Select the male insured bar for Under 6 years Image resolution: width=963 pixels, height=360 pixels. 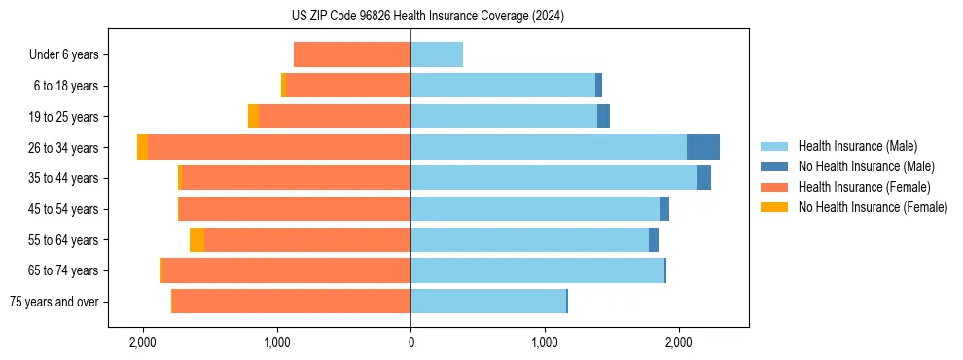pos(437,55)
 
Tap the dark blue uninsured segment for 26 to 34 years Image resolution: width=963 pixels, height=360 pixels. pos(702,147)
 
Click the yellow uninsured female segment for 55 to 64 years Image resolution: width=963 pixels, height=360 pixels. pos(196,240)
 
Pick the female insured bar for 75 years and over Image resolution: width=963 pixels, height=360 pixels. pos(291,302)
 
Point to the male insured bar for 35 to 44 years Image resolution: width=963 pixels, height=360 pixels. pos(553,178)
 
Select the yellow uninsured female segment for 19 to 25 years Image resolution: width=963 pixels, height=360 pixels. pos(253,117)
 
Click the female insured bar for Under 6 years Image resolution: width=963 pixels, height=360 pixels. pos(352,55)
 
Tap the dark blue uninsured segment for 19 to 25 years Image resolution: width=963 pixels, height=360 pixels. pos(603,117)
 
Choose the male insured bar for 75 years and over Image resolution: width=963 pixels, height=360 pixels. pos(488,302)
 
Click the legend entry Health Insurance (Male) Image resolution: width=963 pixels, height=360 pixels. pos(857,146)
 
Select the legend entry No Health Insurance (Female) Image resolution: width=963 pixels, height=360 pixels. pos(873,207)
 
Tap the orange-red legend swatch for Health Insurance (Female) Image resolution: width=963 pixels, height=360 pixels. pos(774,187)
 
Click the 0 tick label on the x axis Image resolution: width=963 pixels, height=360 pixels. pos(410,342)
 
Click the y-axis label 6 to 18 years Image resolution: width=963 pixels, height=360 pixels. pos(66,86)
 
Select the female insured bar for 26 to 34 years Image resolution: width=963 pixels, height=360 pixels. pos(279,147)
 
